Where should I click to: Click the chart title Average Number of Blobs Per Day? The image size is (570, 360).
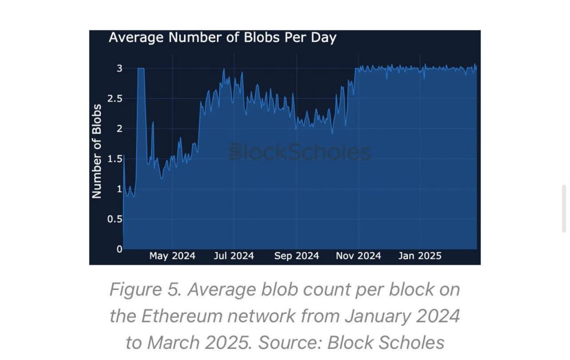pyautogui.click(x=222, y=38)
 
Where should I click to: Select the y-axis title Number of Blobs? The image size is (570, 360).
pyautogui.click(x=97, y=151)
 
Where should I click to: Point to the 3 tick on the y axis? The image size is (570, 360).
pyautogui.click(x=119, y=68)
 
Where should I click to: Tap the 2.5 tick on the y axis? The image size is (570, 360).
pyautogui.click(x=115, y=98)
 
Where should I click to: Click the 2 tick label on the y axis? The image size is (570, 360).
pyautogui.click(x=119, y=129)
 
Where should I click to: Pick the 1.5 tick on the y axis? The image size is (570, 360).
pyautogui.click(x=115, y=159)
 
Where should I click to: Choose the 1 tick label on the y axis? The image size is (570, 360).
pyautogui.click(x=119, y=189)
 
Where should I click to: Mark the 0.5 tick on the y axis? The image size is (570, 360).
pyautogui.click(x=115, y=219)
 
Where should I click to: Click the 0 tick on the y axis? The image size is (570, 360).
pyautogui.click(x=119, y=249)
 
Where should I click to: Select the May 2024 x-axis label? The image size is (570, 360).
pyautogui.click(x=172, y=256)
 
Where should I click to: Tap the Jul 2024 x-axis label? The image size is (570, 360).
pyautogui.click(x=234, y=256)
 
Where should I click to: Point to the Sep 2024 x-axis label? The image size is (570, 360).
pyautogui.click(x=297, y=256)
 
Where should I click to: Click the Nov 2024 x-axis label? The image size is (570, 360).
pyautogui.click(x=358, y=256)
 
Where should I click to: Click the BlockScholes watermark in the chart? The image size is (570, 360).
pyautogui.click(x=300, y=152)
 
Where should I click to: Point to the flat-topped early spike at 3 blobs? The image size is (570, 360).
pyautogui.click(x=141, y=69)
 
